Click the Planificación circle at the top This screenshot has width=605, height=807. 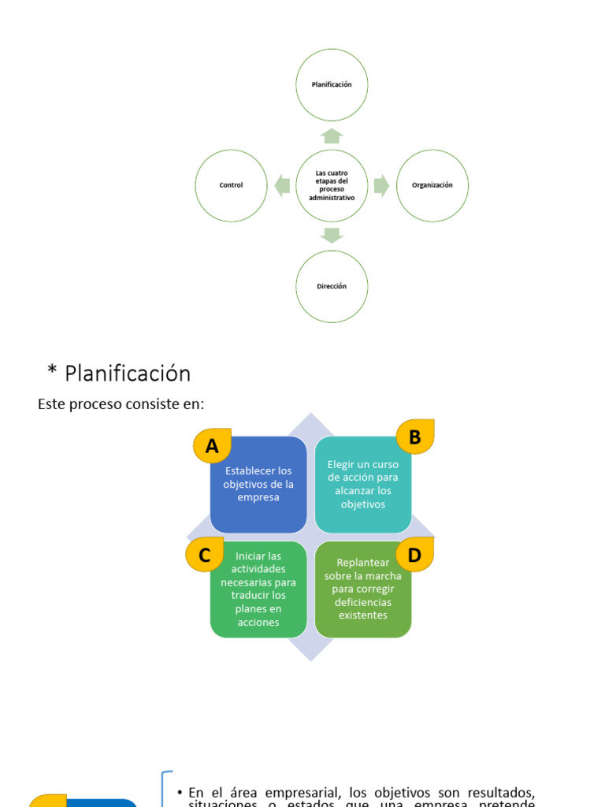332,84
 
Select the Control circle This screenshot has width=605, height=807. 231,185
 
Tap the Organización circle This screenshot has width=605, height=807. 432,185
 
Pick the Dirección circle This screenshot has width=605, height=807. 332,286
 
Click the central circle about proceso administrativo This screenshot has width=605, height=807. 332,185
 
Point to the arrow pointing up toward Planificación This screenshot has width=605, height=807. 332,136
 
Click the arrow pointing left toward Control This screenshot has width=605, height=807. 282,186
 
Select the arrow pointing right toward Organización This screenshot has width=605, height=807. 381,186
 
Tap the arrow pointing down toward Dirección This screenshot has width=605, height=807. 332,235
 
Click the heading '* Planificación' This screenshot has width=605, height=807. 119,373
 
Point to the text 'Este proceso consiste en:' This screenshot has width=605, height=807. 121,403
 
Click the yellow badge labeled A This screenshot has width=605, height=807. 212,447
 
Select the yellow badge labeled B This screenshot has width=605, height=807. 414,437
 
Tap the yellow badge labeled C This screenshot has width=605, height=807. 205,556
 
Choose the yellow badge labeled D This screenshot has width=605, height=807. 414,556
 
